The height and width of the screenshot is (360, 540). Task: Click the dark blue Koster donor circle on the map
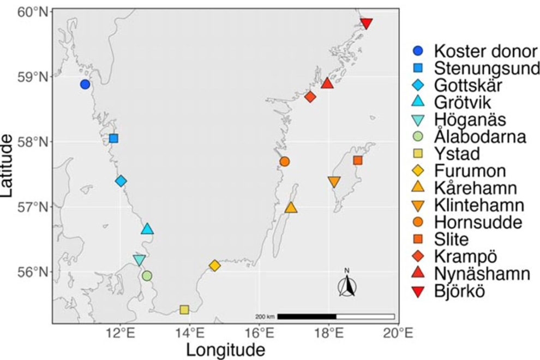pyautogui.click(x=85, y=84)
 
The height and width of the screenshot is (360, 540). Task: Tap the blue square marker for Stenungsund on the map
pyautogui.click(x=113, y=139)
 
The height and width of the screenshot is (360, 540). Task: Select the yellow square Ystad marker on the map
pyautogui.click(x=184, y=310)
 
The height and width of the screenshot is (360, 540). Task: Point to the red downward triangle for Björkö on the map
pyautogui.click(x=367, y=23)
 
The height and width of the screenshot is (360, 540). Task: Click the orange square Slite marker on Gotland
pyautogui.click(x=358, y=160)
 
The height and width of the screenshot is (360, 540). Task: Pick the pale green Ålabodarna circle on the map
pyautogui.click(x=147, y=275)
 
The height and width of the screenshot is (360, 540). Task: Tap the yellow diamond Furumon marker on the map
pyautogui.click(x=214, y=266)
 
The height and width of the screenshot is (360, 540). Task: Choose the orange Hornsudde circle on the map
pyautogui.click(x=285, y=161)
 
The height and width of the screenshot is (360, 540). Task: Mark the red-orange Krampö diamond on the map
pyautogui.click(x=310, y=97)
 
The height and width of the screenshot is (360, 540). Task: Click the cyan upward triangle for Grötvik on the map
pyautogui.click(x=147, y=229)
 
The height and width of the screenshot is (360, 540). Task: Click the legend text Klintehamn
pyautogui.click(x=479, y=205)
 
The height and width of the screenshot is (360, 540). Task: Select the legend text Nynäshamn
pyautogui.click(x=482, y=274)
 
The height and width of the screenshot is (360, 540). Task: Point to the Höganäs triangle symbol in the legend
pyautogui.click(x=419, y=120)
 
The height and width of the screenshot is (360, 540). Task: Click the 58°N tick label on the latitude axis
pyautogui.click(x=33, y=142)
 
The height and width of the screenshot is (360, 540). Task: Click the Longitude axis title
pyautogui.click(x=226, y=350)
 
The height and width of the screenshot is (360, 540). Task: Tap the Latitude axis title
pyautogui.click(x=7, y=166)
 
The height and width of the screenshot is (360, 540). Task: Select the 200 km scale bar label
pyautogui.click(x=265, y=316)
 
